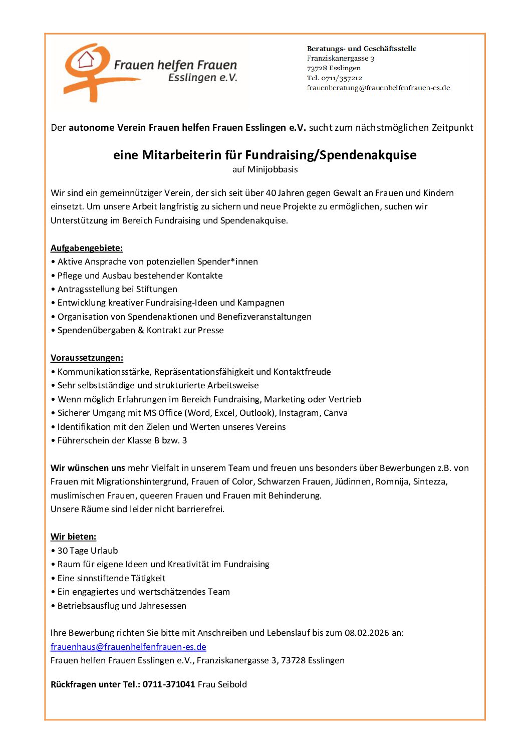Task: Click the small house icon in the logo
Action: (x=86, y=59)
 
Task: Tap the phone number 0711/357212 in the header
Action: (x=342, y=78)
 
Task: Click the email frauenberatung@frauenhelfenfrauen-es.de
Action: (x=378, y=88)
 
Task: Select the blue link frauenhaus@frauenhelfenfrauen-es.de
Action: (x=128, y=647)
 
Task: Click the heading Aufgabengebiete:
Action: (x=87, y=248)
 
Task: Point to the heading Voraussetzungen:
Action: (x=87, y=358)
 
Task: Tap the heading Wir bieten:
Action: (x=73, y=537)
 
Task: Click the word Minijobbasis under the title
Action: (x=273, y=169)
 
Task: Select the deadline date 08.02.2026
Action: (x=367, y=633)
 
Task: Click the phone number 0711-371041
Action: (x=169, y=684)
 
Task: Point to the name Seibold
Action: (x=232, y=684)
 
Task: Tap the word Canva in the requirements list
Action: (x=336, y=413)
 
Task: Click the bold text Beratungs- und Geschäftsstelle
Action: (x=361, y=49)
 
